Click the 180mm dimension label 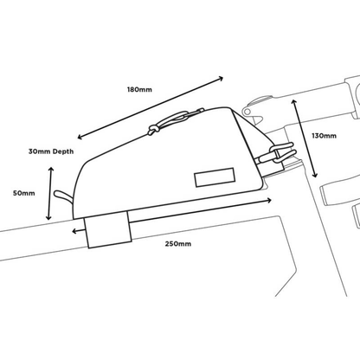139,89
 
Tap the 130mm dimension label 324,136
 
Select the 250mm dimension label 178,244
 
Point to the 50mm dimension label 23,193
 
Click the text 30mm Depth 51,151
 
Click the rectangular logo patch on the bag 215,177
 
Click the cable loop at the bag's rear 63,196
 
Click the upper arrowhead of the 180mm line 221,79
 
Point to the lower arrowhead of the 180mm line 80,137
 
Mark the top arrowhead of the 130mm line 293,102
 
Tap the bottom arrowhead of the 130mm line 315,175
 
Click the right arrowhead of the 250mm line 269,201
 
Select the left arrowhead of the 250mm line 74,231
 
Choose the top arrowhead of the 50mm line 51,170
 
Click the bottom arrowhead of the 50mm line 49,218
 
